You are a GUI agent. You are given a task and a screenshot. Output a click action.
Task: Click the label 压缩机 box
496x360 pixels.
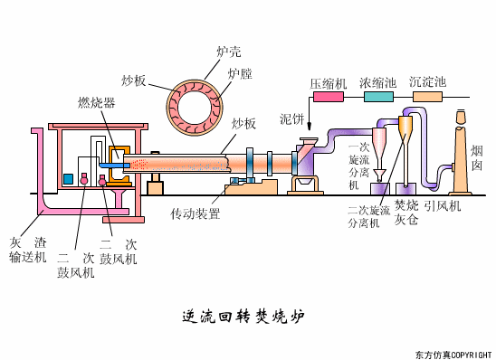[329, 83]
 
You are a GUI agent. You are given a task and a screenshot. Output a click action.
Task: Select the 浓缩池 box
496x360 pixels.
[377, 83]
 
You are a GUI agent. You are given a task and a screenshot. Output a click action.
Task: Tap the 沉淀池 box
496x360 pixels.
[427, 83]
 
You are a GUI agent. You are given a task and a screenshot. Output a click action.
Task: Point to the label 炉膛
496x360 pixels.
[240, 73]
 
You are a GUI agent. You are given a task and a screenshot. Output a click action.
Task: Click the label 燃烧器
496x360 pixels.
[97, 101]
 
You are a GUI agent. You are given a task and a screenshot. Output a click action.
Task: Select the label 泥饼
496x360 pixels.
[291, 119]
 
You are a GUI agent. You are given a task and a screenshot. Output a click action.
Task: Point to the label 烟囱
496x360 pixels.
[477, 158]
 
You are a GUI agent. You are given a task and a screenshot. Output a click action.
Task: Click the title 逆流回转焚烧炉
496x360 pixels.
[243, 316]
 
